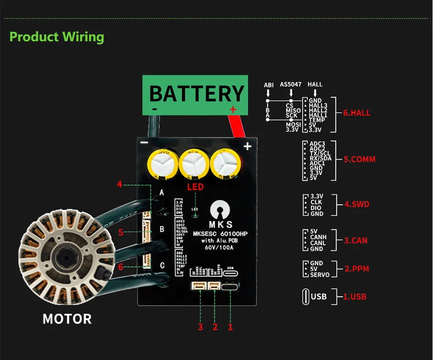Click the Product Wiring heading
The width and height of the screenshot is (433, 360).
point(57,37)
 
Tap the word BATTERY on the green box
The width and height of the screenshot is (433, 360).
point(196,94)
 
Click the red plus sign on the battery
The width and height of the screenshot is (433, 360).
point(233,109)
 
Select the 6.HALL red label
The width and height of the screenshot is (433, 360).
point(357,113)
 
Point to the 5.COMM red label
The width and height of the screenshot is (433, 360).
point(359,160)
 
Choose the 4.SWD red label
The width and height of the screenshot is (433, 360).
point(357,204)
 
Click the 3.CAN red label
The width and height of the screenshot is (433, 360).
point(356,240)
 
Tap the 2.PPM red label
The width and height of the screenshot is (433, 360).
point(357,269)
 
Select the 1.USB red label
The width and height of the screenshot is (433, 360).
point(355,297)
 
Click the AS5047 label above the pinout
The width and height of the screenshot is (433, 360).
point(291,85)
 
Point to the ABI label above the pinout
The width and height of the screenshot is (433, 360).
point(268,85)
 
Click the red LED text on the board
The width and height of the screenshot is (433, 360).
point(195,187)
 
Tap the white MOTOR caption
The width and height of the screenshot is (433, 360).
point(67,319)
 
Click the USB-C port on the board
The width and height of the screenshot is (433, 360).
point(230,286)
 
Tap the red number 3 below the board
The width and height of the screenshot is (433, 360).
point(200,327)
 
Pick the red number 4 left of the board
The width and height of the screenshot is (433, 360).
point(120,184)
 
